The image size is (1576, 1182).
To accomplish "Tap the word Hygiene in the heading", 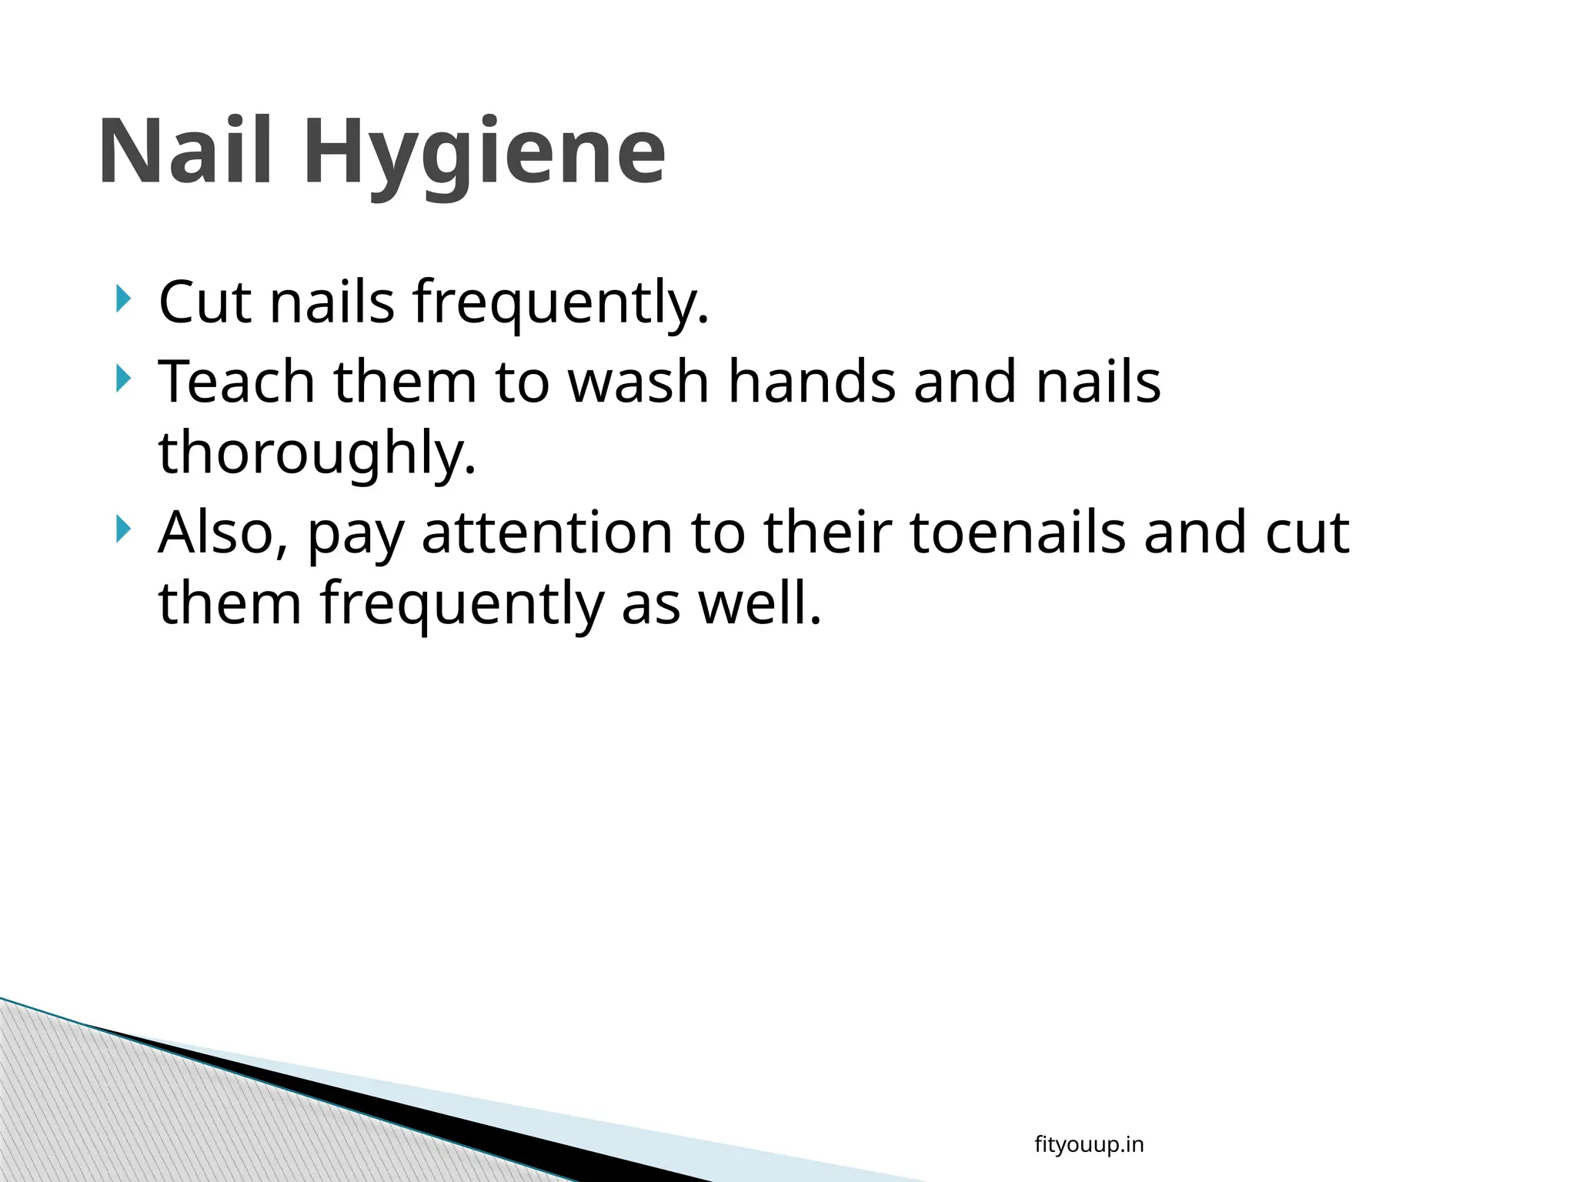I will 485,154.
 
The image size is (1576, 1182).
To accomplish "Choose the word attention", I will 546,533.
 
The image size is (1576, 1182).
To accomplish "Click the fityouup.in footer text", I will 1089,1145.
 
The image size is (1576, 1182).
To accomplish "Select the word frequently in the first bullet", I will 560,303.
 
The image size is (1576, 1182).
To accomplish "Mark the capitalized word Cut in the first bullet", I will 205,302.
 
